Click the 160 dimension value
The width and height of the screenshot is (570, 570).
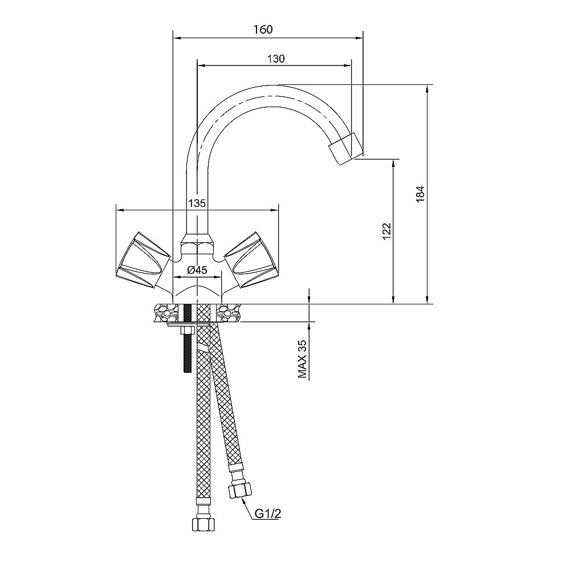pos(263,30)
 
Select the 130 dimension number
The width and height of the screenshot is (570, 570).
pos(276,59)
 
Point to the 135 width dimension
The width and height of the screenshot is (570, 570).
pos(197,203)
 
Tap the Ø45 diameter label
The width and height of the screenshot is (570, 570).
pos(197,270)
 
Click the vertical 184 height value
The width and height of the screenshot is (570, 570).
pos(420,194)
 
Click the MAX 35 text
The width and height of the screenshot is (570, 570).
pos(303,359)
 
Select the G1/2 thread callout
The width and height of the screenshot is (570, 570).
pos(268,514)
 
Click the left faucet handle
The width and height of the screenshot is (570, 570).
pos(143,260)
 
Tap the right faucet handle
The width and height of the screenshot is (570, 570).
pos(251,260)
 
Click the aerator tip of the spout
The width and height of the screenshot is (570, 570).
pos(346,148)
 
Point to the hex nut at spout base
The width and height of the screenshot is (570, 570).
pos(197,245)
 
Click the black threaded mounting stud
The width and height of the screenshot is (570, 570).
pos(187,338)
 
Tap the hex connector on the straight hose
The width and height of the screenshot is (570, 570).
pos(203,524)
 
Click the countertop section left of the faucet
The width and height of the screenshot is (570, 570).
pos(164,313)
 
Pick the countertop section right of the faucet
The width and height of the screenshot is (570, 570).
pos(230,313)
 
